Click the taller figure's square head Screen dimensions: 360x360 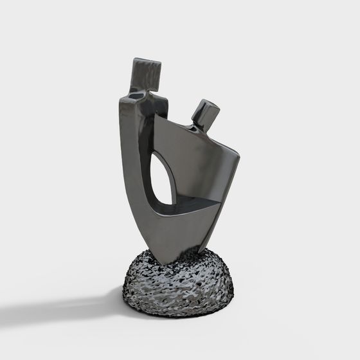pyautogui.click(x=146, y=73)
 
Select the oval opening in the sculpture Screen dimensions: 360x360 pyautogui.click(x=163, y=181)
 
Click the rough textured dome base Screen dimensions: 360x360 pyautogui.click(x=176, y=283)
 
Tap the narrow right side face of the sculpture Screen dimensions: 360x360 pyautogui.click(x=222, y=206)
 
